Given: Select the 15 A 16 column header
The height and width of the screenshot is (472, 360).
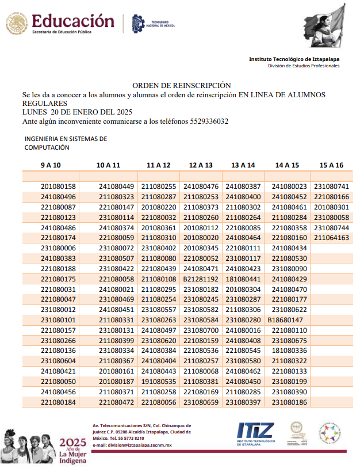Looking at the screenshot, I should click(331, 165).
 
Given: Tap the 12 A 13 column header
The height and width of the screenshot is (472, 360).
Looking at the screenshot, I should click(201, 165).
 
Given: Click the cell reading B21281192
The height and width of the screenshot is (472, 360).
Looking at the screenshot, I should click(201, 279).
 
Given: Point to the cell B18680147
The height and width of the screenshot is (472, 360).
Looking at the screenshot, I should click(286, 319).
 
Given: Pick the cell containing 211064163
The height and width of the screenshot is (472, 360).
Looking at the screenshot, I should click(332, 237).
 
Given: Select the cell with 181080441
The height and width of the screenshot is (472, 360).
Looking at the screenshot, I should click(243, 279).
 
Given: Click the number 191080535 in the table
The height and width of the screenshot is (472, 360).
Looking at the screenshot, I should click(159, 381).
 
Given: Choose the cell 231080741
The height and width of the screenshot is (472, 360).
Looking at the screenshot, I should click(332, 186).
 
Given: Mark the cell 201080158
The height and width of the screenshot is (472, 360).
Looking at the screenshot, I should click(59, 186).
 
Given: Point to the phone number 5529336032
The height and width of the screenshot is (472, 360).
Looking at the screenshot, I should click(208, 121).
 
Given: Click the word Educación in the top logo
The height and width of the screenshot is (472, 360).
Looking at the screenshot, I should click(73, 21).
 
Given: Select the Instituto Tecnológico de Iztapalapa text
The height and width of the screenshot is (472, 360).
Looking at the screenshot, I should click(294, 59).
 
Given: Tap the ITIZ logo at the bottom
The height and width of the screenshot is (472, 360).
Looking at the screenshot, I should click(255, 431).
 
